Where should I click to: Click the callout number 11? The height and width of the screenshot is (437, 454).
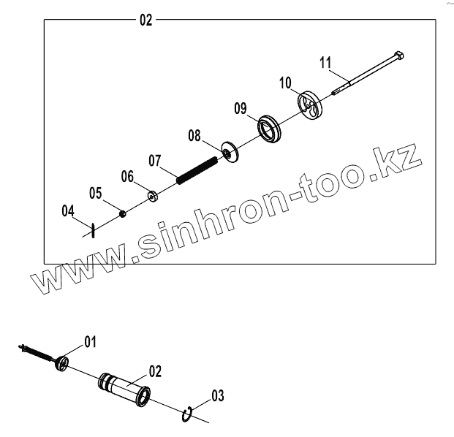click(325, 61)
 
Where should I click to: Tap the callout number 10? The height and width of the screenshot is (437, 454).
click(285, 83)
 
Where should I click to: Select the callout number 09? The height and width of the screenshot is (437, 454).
click(241, 109)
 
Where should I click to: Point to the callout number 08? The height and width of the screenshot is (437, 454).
click(194, 135)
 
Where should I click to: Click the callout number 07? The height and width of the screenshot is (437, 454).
click(155, 159)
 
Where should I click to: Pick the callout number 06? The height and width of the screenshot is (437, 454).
click(127, 176)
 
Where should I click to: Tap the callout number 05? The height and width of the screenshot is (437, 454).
click(96, 194)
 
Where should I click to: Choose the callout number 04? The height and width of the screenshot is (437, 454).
click(68, 211)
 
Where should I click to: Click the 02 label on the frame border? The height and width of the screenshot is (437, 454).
click(145, 20)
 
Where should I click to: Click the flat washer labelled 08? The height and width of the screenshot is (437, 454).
click(230, 153)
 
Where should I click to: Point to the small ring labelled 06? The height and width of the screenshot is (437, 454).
click(154, 195)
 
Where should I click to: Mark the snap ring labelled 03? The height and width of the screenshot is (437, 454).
click(188, 414)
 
